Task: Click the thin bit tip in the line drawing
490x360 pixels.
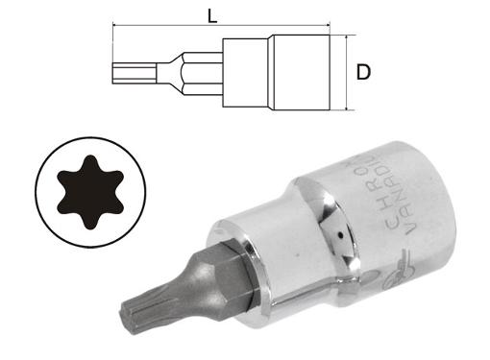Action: point(132,73)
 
